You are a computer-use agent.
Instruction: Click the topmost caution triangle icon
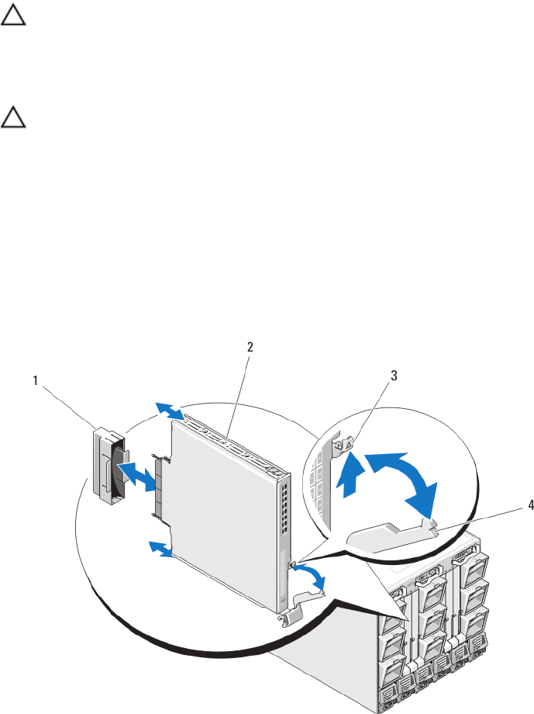pyautogui.click(x=12, y=16)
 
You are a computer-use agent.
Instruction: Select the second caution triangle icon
pyautogui.click(x=12, y=119)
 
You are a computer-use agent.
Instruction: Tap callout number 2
pyautogui.click(x=250, y=348)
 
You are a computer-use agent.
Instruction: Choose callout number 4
pyautogui.click(x=510, y=504)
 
